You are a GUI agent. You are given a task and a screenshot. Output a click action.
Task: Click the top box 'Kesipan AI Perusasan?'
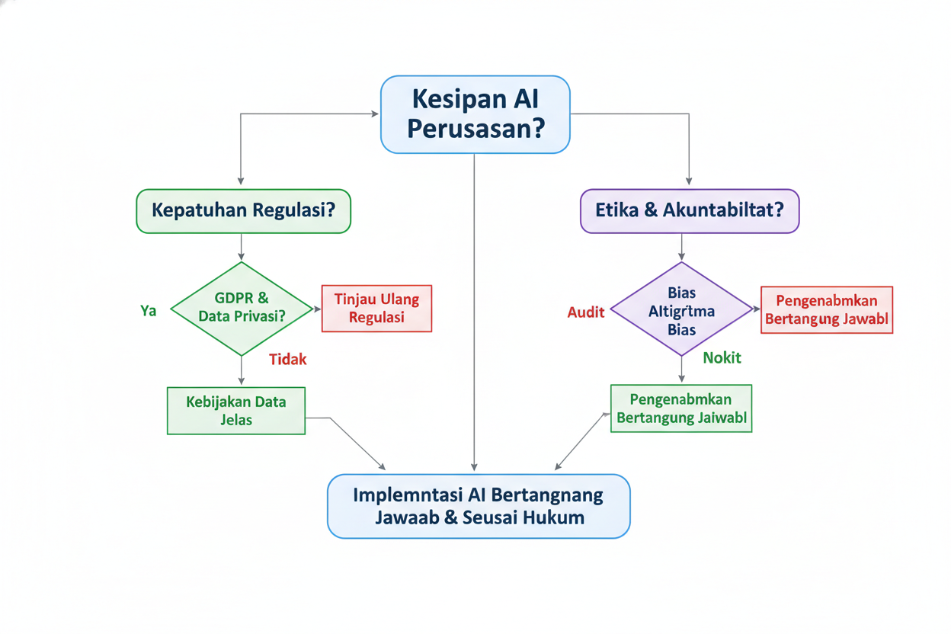[475, 114]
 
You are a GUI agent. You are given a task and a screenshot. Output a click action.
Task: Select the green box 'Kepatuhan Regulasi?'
[243, 210]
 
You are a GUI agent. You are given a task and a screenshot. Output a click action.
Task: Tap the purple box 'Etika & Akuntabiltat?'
[690, 210]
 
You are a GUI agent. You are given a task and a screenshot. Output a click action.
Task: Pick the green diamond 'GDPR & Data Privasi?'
[242, 308]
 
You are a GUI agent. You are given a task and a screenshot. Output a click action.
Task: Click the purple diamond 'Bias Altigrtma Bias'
[681, 309]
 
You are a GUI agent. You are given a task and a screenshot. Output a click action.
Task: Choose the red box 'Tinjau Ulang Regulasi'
[376, 309]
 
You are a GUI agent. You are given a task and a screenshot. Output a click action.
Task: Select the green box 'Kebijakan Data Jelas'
[235, 411]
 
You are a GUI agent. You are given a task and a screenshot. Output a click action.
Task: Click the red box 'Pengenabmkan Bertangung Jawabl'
[827, 310]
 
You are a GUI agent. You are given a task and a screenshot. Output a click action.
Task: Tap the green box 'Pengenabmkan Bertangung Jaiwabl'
[681, 408]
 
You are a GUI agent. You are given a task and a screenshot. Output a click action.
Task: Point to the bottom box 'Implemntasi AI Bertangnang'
[479, 506]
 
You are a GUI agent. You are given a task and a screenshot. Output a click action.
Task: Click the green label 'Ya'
[149, 310]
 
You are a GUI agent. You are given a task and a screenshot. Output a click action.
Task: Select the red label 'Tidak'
[288, 360]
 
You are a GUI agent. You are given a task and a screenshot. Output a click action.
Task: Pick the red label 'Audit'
[586, 312]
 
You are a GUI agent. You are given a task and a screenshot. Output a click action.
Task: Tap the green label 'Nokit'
[721, 357]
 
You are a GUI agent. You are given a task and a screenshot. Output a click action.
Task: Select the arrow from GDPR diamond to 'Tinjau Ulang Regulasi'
[315, 309]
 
